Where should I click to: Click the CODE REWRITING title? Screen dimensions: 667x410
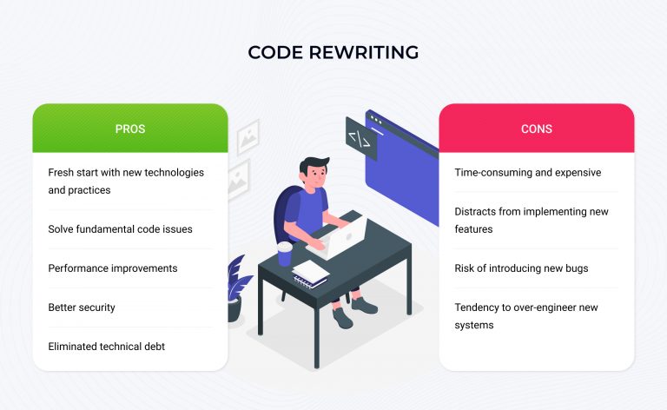(x=333, y=52)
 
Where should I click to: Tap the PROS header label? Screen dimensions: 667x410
(x=130, y=129)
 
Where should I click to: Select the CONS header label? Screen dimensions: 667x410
(x=537, y=129)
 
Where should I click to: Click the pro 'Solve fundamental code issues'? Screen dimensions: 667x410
(x=120, y=229)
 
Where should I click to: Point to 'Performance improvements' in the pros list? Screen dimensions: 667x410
(x=113, y=268)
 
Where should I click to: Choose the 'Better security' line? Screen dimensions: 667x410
(x=82, y=307)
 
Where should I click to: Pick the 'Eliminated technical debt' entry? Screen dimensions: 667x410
(x=106, y=347)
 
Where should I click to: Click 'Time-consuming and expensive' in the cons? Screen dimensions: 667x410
(x=528, y=173)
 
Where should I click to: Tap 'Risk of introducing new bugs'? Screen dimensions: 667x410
(x=521, y=268)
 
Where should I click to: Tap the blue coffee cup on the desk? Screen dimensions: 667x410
(x=285, y=254)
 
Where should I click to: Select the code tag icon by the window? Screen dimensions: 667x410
(x=361, y=139)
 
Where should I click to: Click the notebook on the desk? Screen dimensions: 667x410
(x=311, y=274)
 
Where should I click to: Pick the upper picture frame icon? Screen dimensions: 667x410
(x=248, y=137)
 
